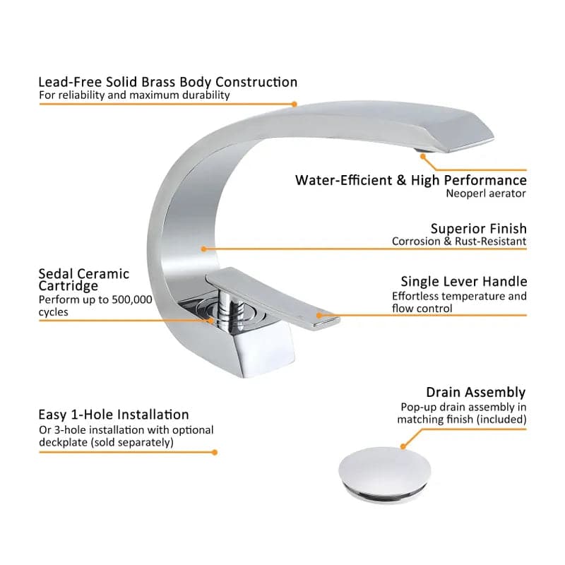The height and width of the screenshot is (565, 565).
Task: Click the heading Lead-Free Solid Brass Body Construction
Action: click(x=167, y=82)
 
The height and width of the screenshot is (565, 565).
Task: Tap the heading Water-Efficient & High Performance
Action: click(x=410, y=180)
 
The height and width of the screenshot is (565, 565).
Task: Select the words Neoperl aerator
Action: click(x=486, y=193)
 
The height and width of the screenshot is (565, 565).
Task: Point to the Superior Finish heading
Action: click(x=478, y=229)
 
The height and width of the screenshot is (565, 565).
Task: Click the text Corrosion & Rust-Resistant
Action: click(x=459, y=242)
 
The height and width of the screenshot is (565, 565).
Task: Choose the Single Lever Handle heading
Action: click(x=463, y=282)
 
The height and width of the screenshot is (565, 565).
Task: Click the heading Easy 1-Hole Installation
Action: click(x=114, y=415)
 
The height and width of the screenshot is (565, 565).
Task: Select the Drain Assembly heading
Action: click(x=475, y=392)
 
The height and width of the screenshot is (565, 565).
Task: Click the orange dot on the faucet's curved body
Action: click(x=203, y=249)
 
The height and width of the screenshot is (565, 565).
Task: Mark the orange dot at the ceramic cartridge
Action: click(x=213, y=320)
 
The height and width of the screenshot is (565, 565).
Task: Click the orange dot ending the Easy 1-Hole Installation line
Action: click(x=215, y=452)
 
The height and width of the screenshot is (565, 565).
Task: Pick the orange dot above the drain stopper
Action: click(x=403, y=446)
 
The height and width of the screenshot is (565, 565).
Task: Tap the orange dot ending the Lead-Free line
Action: click(x=295, y=104)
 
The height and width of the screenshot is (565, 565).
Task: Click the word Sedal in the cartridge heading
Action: click(x=57, y=274)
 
